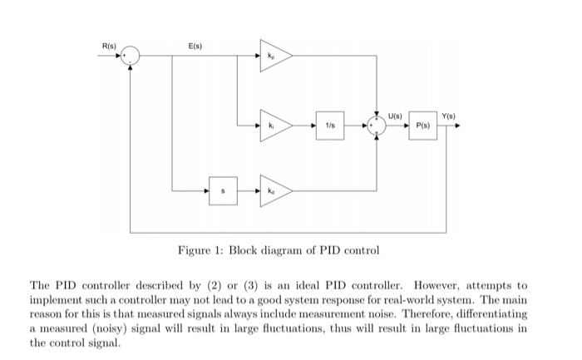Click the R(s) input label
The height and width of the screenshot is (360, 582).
pyautogui.click(x=109, y=45)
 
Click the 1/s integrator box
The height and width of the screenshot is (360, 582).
pyautogui.click(x=330, y=126)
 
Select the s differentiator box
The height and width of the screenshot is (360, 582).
pyautogui.click(x=222, y=191)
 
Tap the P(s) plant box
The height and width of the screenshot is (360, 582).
pyautogui.click(x=423, y=126)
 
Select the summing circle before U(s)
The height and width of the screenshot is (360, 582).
pyautogui.click(x=377, y=126)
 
